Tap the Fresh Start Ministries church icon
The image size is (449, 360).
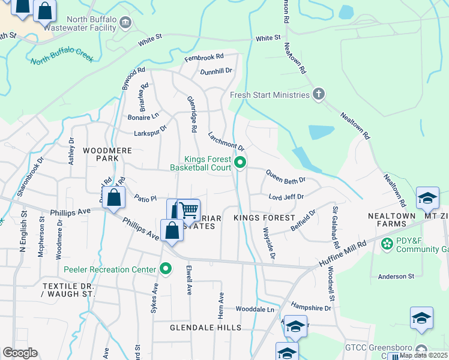click(x=318, y=94)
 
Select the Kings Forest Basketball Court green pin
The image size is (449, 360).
click(x=240, y=163)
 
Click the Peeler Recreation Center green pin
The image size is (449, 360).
click(x=165, y=269)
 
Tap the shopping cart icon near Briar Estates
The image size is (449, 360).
click(x=189, y=209)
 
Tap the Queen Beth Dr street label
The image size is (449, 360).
click(x=286, y=179)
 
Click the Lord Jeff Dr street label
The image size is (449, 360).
click(x=286, y=197)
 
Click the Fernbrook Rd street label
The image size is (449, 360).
click(x=204, y=57)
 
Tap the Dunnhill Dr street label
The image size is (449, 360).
click(x=216, y=71)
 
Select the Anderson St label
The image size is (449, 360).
click(x=396, y=277)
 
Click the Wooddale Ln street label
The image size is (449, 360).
click(x=255, y=309)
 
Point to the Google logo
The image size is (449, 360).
click(x=20, y=353)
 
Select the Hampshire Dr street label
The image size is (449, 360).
click(x=310, y=307)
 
